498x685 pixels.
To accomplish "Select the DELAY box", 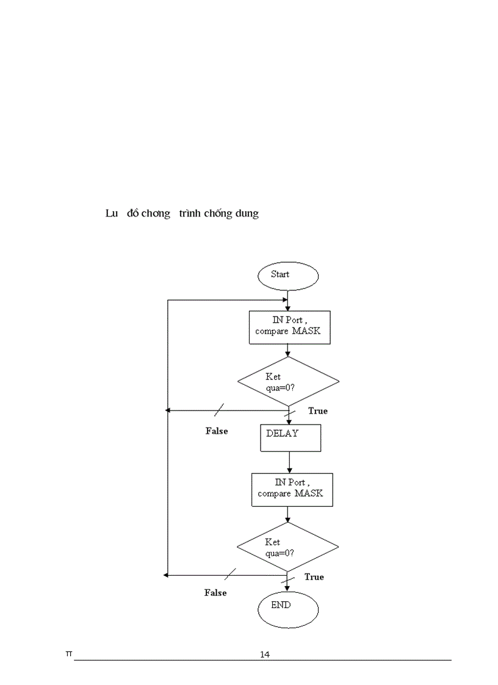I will [290, 438].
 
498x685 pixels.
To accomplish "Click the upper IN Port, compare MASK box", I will [290, 328].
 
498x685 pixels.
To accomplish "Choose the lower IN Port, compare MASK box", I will [292, 489].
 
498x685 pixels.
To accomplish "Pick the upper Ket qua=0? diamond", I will [288, 381].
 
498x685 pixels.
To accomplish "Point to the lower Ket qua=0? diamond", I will [287, 547].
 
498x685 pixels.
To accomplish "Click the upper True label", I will [317, 411].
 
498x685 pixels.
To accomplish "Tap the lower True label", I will [314, 577].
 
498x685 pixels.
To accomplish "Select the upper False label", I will [217, 431].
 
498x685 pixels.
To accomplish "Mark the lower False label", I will [215, 593].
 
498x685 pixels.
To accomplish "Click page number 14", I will [265, 655].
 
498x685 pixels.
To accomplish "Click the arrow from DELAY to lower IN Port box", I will [289, 462].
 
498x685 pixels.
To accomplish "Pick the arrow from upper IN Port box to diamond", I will [287, 350].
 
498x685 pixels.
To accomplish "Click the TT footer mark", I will [69, 654].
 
